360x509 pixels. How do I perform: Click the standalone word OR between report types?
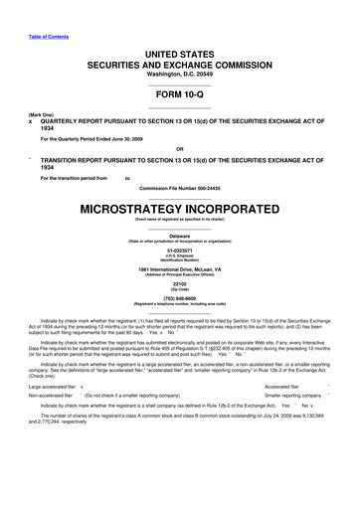pyautogui.click(x=180, y=151)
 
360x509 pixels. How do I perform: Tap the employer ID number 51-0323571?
pyautogui.click(x=180, y=251)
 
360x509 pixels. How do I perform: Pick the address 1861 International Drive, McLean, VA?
pyautogui.click(x=180, y=271)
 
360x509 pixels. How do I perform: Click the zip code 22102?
pyautogui.click(x=180, y=288)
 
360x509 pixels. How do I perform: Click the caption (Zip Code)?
pyautogui.click(x=180, y=293)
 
